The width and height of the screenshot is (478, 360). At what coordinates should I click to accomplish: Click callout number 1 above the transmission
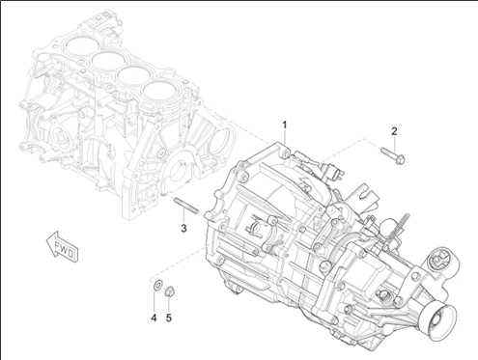285,125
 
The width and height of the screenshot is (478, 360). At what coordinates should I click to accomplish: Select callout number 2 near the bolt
394,131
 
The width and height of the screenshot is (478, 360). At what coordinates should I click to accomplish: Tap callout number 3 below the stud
183,229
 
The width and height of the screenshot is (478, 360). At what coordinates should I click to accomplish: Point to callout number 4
154,318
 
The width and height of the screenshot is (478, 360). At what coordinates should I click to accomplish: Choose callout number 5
169,318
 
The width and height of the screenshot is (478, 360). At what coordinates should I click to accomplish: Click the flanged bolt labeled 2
393,154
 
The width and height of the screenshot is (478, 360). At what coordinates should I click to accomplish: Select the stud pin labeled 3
186,206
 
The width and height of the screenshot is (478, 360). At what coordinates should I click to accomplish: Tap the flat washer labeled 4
157,285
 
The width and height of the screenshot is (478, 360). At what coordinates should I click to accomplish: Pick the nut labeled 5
169,291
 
